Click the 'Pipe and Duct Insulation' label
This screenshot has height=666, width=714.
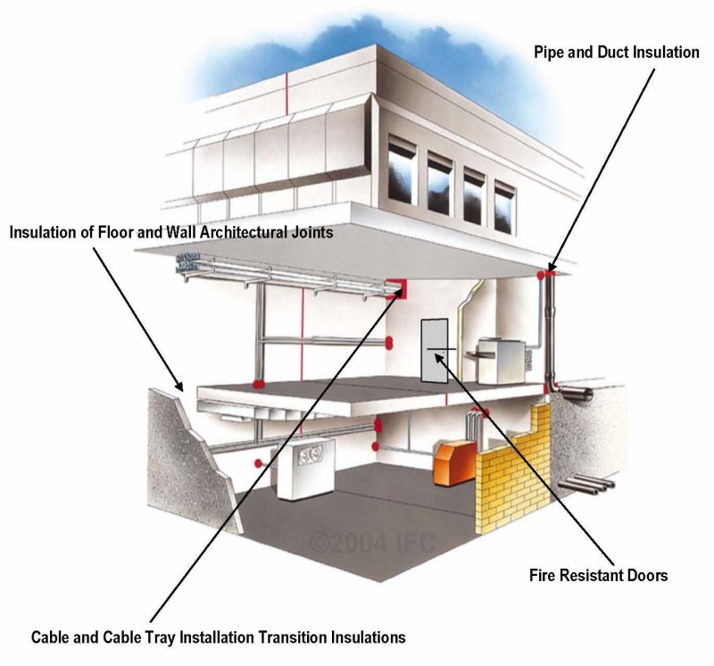pyautogui.click(x=616, y=53)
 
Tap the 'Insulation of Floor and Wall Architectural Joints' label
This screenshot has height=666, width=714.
pyautogui.click(x=171, y=233)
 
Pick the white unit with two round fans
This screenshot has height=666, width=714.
pyautogui.click(x=303, y=468)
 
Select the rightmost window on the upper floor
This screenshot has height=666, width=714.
pyautogui.click(x=505, y=201)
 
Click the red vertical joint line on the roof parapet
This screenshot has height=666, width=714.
pyautogui.click(x=286, y=90)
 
